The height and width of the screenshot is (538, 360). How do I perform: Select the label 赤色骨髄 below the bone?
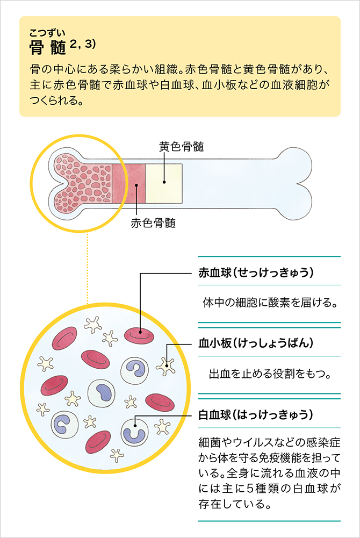(x=153, y=223)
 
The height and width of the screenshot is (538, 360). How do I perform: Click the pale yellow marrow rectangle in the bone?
(x=164, y=183)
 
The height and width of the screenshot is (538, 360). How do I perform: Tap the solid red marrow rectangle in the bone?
(x=128, y=183)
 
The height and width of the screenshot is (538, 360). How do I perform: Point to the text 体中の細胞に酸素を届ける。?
(x=270, y=303)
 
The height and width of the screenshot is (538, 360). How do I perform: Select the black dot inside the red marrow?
(x=137, y=186)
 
